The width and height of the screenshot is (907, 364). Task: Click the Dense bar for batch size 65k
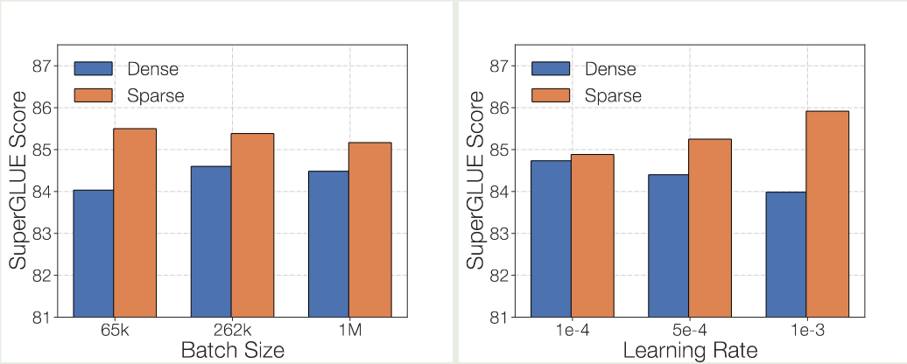[x=95, y=253]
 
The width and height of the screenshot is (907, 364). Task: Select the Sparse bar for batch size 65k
[x=135, y=222]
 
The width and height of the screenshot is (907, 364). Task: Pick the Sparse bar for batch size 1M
[x=369, y=229]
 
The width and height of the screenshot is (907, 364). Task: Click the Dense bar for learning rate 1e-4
[x=552, y=238]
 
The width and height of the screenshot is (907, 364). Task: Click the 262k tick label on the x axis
[x=232, y=332]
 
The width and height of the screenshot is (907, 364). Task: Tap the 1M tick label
[x=348, y=332]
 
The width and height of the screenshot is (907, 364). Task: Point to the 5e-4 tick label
[x=690, y=332]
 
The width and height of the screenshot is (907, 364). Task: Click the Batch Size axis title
[x=232, y=351]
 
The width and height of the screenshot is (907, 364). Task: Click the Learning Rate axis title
[x=690, y=351]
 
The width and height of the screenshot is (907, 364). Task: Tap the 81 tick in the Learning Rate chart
[x=498, y=317]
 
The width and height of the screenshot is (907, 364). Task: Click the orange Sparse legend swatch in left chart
[x=94, y=94]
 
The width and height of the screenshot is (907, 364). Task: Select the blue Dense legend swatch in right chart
[x=552, y=69]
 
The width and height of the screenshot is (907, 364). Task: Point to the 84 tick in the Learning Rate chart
[x=498, y=192]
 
